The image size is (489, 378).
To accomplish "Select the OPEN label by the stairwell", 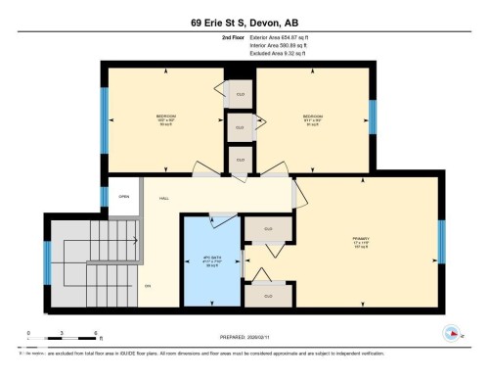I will click(124, 196).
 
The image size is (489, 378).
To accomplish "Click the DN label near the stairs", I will click(149, 285).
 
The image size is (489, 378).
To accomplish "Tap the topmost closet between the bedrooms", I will click(240, 94).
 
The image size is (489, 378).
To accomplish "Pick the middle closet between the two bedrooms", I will click(240, 126).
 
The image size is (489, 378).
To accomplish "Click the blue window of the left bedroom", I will click(105, 120).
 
